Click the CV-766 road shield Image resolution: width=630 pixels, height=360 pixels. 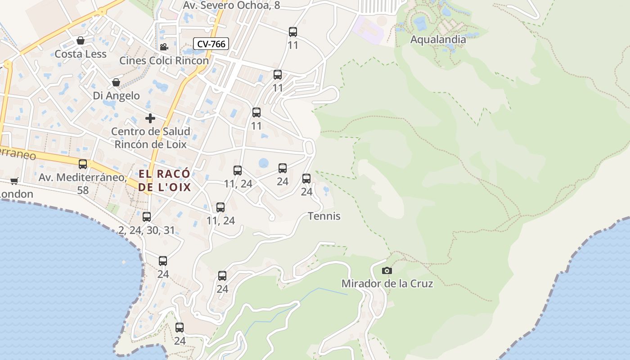click(x=211, y=44)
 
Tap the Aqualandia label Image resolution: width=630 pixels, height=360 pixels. click(x=438, y=40)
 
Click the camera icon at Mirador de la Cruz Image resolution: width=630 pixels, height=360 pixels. click(x=387, y=270)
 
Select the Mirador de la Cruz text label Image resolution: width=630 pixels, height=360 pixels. click(x=387, y=283)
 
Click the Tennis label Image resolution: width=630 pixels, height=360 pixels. click(x=324, y=216)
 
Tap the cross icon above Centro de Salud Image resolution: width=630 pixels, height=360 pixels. click(x=150, y=118)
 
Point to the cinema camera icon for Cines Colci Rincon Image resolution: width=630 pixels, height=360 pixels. click(x=164, y=47)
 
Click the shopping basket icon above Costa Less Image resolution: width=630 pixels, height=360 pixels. click(x=80, y=41)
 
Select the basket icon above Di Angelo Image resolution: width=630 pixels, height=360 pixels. click(x=116, y=82)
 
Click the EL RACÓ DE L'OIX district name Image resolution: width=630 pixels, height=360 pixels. click(x=165, y=181)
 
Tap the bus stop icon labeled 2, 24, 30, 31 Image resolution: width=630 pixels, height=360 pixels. click(x=147, y=217)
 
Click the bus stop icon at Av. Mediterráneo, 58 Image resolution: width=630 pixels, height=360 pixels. click(x=83, y=164)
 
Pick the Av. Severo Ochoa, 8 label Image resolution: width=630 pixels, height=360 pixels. click(x=231, y=5)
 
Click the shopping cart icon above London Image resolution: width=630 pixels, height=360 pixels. click(x=14, y=181)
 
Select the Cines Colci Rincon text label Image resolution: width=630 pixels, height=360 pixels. click(x=164, y=60)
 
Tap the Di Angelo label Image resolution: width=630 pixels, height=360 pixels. click(x=116, y=96)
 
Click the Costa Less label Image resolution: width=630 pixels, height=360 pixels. click(x=80, y=54)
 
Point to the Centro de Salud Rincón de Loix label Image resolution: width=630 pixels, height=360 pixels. click(x=150, y=138)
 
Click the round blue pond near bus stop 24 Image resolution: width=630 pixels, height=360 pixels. click(x=264, y=163)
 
